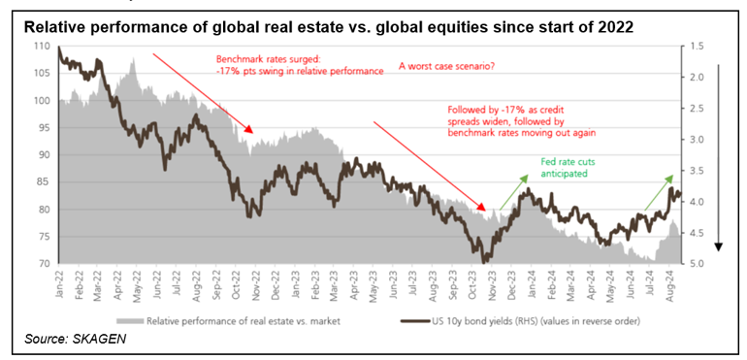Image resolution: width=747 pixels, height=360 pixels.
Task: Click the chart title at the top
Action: point(329,28)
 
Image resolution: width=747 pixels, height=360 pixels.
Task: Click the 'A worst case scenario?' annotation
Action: point(446,67)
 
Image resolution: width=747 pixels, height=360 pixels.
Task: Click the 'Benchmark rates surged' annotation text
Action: point(300,66)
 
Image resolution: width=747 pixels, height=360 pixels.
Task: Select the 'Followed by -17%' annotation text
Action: point(522,121)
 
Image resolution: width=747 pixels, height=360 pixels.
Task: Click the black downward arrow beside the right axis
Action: point(719,156)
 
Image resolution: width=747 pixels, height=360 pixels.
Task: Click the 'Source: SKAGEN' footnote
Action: point(76,340)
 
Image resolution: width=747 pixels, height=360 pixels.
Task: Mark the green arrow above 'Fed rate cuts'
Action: point(514,192)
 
